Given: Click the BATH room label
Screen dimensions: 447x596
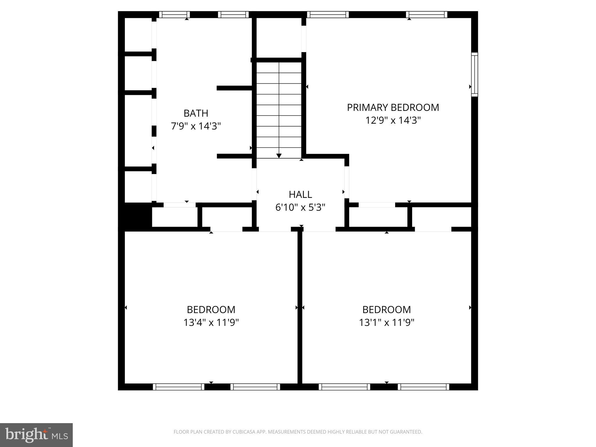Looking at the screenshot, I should point(196,113).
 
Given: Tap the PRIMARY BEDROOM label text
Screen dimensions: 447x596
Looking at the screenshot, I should point(393,107).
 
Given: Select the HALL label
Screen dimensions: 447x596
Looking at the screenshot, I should point(300,194).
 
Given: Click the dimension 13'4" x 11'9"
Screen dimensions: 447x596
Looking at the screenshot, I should point(211,322).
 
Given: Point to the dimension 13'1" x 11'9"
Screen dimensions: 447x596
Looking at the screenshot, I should point(386,322).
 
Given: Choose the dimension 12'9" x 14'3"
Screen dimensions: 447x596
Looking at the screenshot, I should point(393,120).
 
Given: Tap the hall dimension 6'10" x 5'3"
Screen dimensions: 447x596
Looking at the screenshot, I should point(300,207).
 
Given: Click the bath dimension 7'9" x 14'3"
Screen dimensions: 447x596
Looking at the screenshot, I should point(196,126).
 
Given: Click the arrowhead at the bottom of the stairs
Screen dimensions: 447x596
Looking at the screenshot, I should point(279,156).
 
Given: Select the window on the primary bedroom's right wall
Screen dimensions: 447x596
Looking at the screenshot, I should point(474,74).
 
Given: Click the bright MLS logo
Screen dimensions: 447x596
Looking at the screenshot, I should point(36,435).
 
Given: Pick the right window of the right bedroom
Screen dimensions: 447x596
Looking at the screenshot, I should point(423,387).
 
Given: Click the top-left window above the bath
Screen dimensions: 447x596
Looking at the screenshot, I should point(174,15).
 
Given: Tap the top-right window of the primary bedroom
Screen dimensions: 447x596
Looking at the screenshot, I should point(427,15).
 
